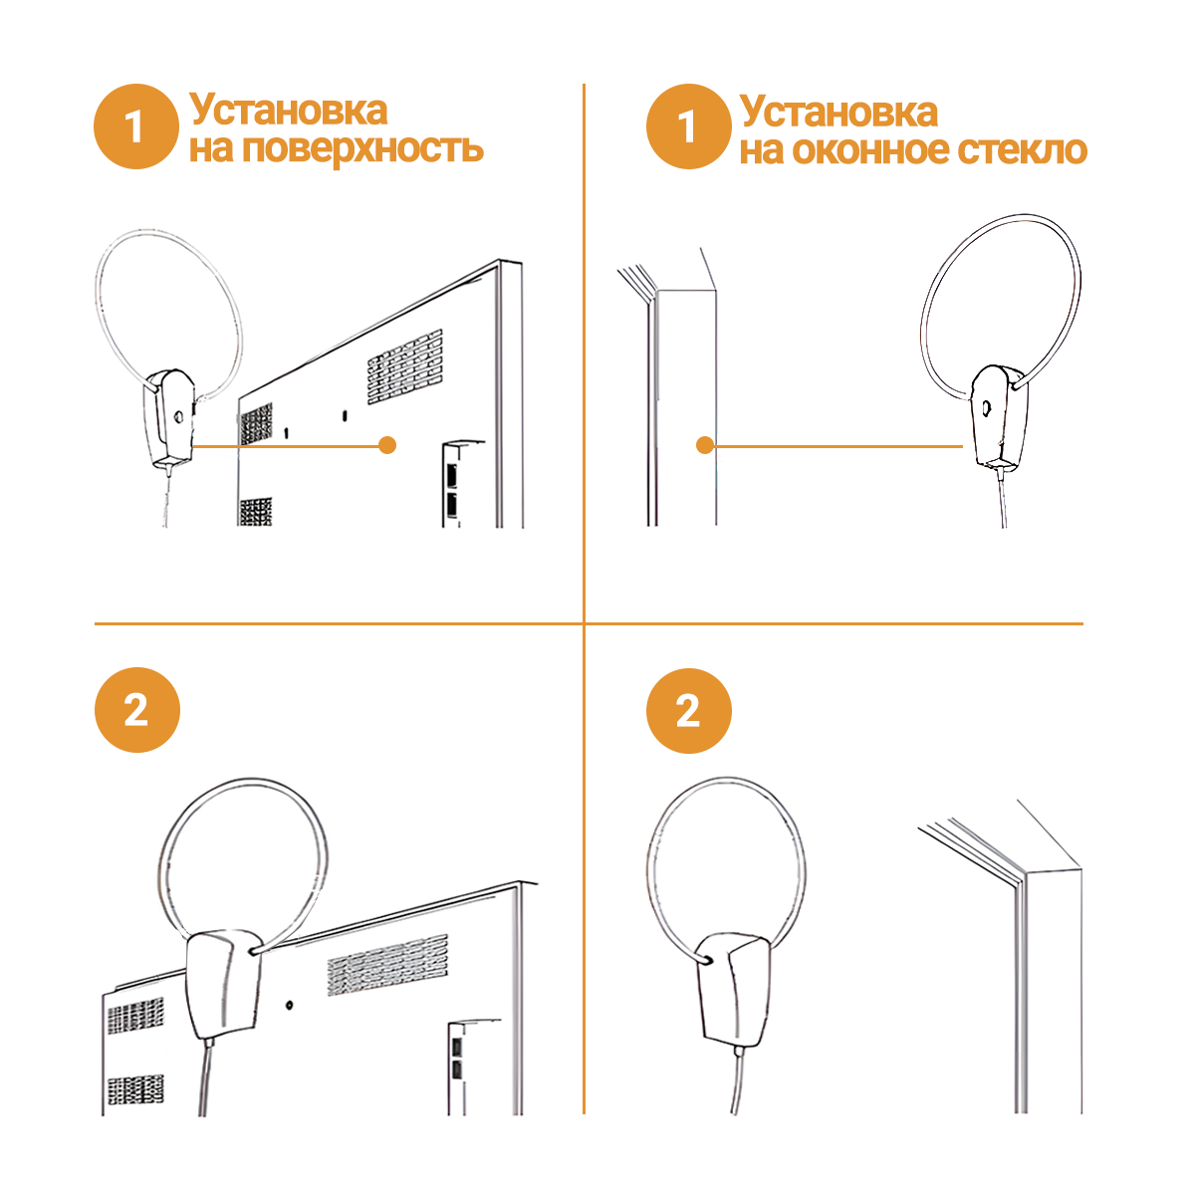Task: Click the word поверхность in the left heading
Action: (362, 149)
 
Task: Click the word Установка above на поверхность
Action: (289, 111)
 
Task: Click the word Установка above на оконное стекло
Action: (838, 112)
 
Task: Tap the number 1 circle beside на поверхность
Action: (136, 126)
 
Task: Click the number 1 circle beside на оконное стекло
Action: (688, 126)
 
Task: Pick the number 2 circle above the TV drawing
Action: (137, 710)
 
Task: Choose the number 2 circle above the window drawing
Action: (688, 711)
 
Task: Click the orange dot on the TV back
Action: (387, 445)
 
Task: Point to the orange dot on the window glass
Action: (704, 445)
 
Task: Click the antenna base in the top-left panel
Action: (169, 418)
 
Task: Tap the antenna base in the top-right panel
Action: (998, 416)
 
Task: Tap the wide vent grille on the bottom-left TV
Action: (387, 964)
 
